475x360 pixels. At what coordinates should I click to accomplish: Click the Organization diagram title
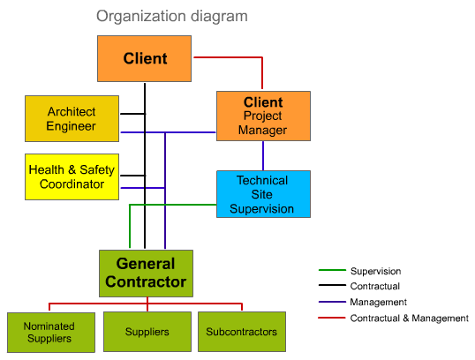pos(172,17)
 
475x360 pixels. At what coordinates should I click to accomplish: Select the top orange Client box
pos(144,58)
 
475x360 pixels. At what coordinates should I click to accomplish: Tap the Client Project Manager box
pos(263,116)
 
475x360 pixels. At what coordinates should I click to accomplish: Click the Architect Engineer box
pos(72,119)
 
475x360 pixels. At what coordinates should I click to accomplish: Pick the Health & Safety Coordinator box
pos(72,176)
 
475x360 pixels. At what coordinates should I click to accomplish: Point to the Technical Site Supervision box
pos(263,194)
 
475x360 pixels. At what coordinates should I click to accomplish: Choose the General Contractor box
pos(146,274)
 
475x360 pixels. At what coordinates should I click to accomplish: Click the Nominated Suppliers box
pos(51,333)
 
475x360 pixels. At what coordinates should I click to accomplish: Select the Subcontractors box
pos(242,332)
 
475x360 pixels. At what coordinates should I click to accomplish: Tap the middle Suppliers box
pos(147,332)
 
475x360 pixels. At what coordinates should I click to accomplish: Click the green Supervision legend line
pos(332,270)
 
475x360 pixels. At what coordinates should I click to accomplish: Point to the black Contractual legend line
pos(332,285)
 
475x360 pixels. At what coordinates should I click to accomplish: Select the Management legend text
pos(379,302)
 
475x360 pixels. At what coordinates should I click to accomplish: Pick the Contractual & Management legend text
pos(410,319)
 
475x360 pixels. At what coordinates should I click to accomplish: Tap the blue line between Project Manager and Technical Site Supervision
pos(263,155)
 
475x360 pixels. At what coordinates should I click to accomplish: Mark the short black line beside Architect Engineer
pos(133,114)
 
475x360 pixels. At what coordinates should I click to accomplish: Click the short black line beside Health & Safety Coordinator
pos(133,176)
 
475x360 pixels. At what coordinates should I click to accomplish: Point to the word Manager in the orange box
pos(262,131)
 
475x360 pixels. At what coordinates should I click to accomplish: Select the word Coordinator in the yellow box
pos(72,184)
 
